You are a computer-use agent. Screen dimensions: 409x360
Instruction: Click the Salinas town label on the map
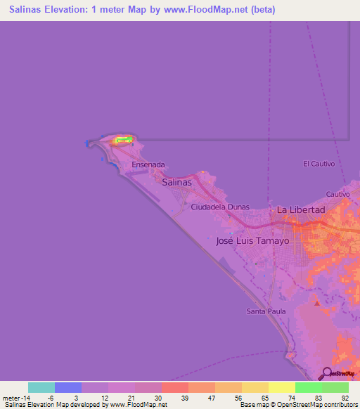[x=176, y=182]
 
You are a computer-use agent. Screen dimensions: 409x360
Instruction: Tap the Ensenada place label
[x=148, y=165]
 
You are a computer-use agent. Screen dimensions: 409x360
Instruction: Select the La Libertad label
[x=301, y=210]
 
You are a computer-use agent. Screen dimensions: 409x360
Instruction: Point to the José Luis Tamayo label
[x=252, y=240]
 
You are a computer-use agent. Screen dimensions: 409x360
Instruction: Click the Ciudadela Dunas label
[x=221, y=208]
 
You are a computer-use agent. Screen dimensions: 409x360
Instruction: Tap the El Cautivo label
[x=319, y=164]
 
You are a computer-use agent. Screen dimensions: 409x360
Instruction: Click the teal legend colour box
[x=41, y=387]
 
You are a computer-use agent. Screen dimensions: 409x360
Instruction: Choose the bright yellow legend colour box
[x=281, y=387]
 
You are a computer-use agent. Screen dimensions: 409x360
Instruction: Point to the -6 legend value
[x=51, y=398]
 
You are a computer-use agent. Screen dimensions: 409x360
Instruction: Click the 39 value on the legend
[x=184, y=398]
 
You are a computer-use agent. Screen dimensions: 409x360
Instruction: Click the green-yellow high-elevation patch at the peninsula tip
[x=124, y=141]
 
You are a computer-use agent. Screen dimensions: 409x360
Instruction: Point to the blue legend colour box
[x=68, y=387]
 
